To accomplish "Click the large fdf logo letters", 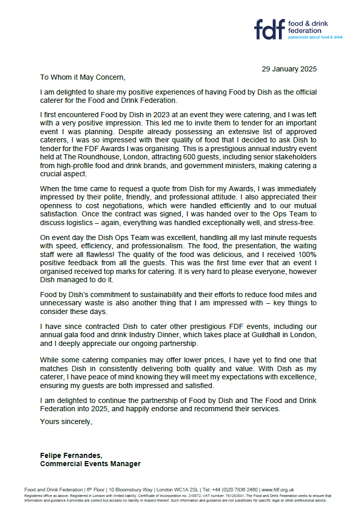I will point(270,30).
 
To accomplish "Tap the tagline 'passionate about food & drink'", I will point(315,38).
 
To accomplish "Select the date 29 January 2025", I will point(289,69).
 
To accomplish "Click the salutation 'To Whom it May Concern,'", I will point(83,77).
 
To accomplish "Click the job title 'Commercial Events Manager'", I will point(90,464).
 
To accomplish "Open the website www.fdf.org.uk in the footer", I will point(277,490).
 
